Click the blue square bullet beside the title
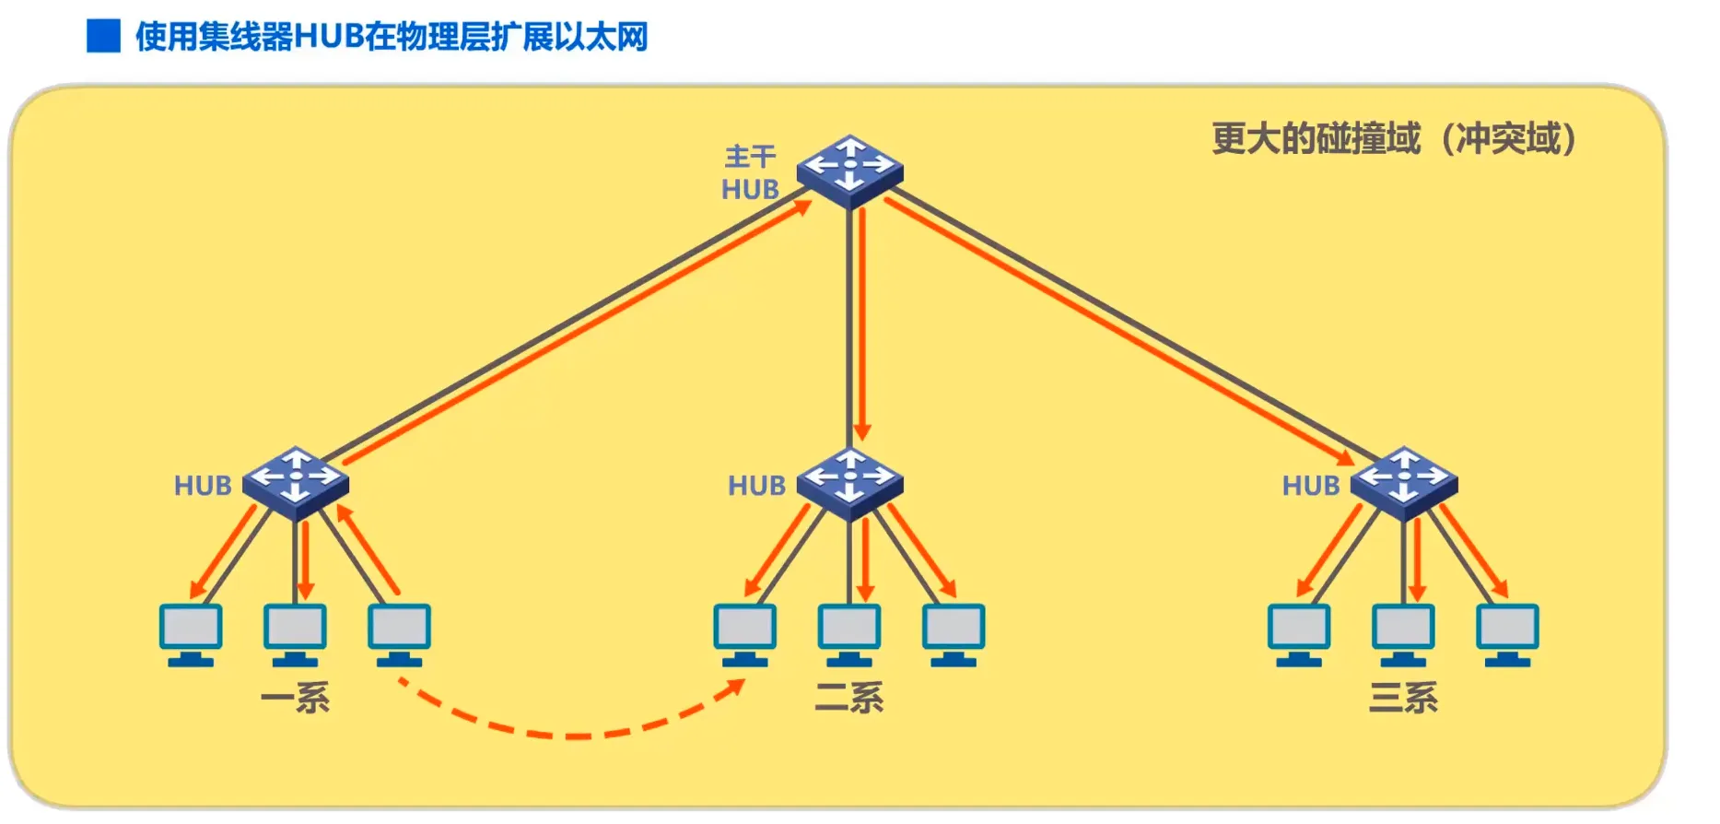[103, 36]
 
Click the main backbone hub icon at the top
[849, 171]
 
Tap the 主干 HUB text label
[750, 173]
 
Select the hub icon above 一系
[296, 482]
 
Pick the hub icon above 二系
[849, 482]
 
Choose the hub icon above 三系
[1403, 482]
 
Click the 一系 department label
[296, 698]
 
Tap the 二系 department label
[849, 698]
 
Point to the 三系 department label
[1403, 698]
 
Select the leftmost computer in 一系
[191, 634]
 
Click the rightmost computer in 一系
[399, 634]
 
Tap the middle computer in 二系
[849, 634]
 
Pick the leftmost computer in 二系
[744, 634]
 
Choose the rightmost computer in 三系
[1507, 634]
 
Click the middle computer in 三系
[1403, 634]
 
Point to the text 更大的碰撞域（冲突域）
[1393, 139]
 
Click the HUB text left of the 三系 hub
[1311, 486]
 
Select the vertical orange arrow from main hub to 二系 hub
[862, 323]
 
